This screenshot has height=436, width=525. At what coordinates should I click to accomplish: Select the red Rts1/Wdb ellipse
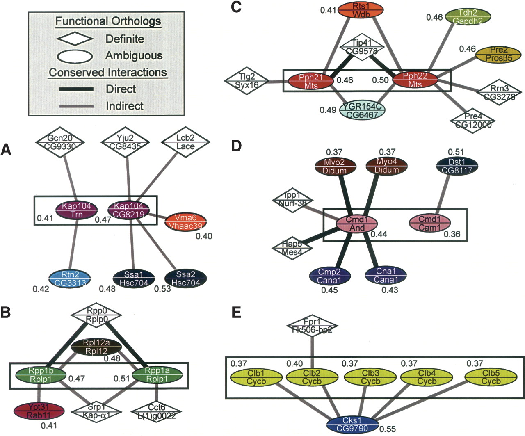tap(361, 10)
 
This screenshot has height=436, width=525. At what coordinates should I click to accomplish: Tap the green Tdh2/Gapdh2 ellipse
tap(468, 16)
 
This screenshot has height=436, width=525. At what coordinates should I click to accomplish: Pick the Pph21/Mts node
tap(311, 81)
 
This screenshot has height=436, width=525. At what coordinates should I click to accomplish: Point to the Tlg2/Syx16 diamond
tap(247, 81)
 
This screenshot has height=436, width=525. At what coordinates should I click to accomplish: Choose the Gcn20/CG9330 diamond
tap(59, 142)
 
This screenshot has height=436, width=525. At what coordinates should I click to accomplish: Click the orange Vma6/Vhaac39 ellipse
tap(185, 222)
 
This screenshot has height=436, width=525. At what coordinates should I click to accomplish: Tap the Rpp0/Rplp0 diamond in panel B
tap(97, 315)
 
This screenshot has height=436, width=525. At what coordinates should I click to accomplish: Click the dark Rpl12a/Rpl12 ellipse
tap(96, 347)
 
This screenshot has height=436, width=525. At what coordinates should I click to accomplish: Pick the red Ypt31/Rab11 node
tap(39, 410)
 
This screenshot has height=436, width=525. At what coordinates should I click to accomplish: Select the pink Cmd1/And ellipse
tap(356, 224)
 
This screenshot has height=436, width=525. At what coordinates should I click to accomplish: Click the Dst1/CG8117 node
tap(457, 166)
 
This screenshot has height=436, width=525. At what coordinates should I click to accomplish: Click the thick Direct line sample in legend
tap(76, 89)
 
